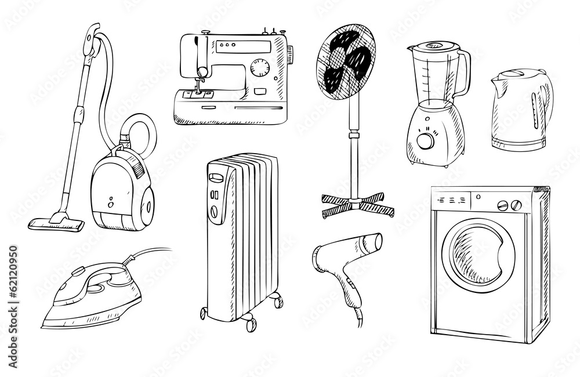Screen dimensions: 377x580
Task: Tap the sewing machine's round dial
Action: click(259, 68)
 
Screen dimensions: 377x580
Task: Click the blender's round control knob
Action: click(426, 140)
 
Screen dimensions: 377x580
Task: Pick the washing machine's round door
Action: click(478, 253)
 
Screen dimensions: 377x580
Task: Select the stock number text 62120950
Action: click(13, 278)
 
